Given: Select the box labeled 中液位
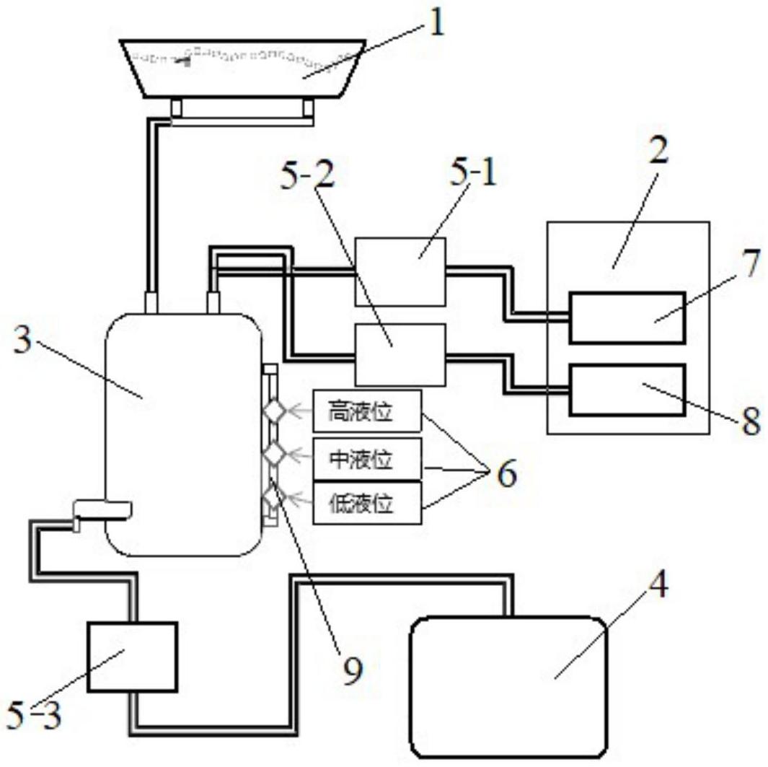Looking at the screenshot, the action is pyautogui.click(x=366, y=458).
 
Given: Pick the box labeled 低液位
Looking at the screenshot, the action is pyautogui.click(x=366, y=502).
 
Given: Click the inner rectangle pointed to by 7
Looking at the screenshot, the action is pyautogui.click(x=627, y=317).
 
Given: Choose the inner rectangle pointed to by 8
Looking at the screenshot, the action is pyautogui.click(x=627, y=390).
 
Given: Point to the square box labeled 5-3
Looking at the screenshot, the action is pyautogui.click(x=132, y=657).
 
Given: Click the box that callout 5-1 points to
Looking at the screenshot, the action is pyautogui.click(x=400, y=272).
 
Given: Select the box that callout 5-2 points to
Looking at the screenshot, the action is pyautogui.click(x=400, y=355).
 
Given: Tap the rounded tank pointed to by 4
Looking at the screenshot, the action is pyautogui.click(x=508, y=686).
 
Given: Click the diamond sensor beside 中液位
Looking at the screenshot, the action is pyautogui.click(x=274, y=454).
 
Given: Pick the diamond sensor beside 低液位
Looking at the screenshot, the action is pyautogui.click(x=273, y=497).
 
